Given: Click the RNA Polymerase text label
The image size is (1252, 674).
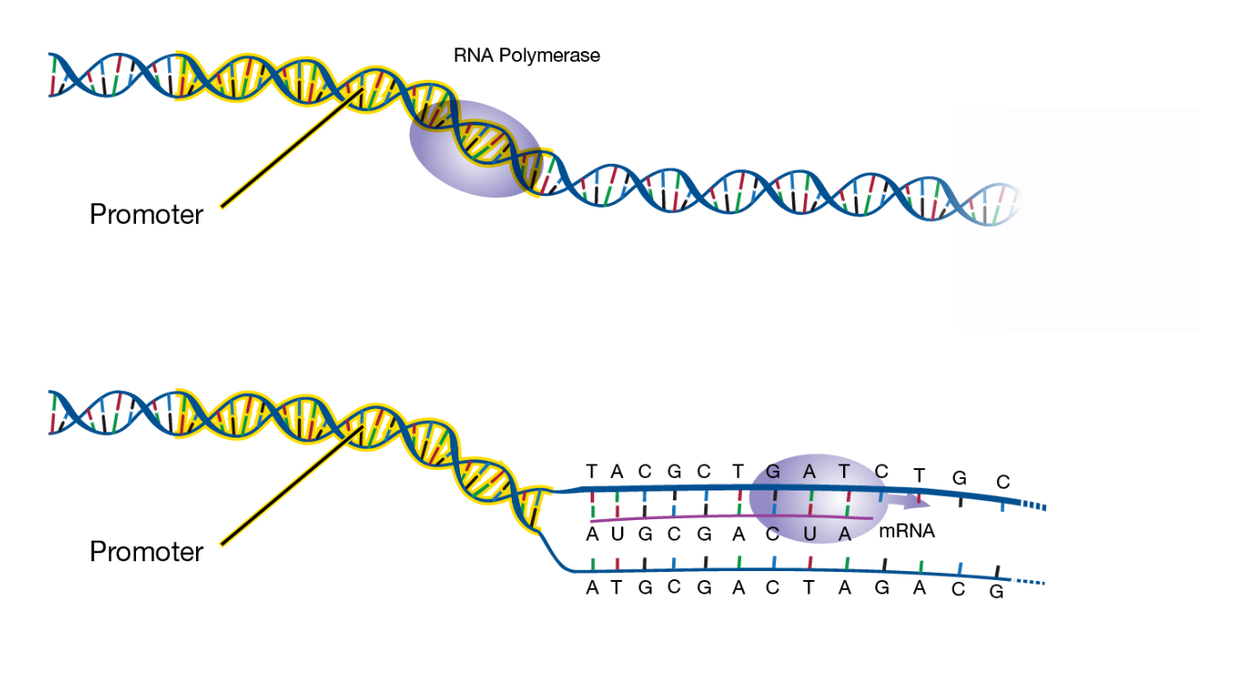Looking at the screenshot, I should (x=526, y=55).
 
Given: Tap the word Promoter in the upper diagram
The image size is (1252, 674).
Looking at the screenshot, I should (x=146, y=215).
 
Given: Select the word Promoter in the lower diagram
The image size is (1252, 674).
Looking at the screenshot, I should (x=146, y=551).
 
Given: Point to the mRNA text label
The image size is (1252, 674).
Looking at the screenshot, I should (x=907, y=532).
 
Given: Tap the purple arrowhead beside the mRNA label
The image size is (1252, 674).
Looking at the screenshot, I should (x=922, y=504).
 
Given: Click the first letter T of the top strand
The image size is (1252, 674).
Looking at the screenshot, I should (x=591, y=471).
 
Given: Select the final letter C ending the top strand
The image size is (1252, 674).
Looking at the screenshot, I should (x=1003, y=482).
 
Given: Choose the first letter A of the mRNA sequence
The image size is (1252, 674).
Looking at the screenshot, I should (x=591, y=534).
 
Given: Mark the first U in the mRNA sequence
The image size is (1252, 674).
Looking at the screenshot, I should (x=617, y=534).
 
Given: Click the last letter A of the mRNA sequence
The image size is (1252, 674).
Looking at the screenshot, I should (x=844, y=534).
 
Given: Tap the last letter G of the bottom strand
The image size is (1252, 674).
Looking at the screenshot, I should (x=996, y=593).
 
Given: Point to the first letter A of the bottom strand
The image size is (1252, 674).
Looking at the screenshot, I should (x=592, y=588).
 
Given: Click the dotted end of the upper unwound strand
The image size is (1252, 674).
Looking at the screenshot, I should (x=1034, y=508).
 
